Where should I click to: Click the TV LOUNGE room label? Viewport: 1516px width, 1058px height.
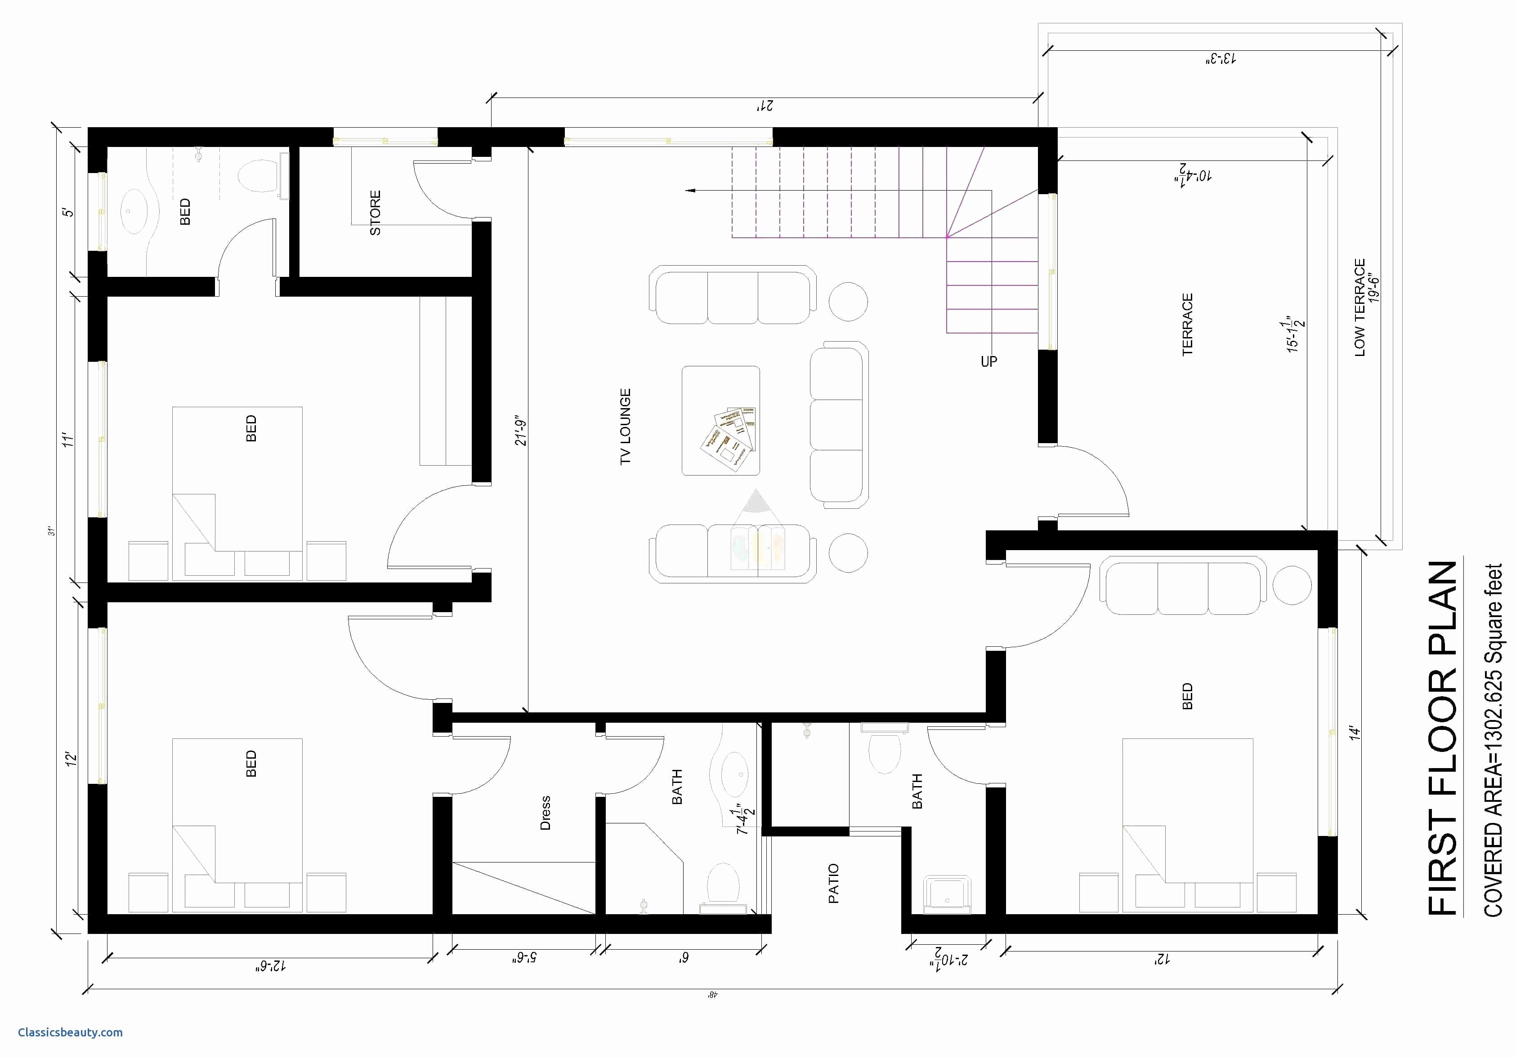(x=625, y=427)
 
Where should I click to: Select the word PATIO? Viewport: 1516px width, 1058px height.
(x=833, y=883)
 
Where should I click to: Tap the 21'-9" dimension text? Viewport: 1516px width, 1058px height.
(x=522, y=431)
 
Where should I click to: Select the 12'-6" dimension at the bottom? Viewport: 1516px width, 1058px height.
(x=270, y=965)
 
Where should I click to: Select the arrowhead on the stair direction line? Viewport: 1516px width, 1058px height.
(x=691, y=191)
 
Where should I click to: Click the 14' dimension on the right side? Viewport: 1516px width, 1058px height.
(x=1355, y=733)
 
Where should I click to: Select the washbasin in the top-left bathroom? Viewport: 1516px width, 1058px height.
(x=130, y=211)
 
